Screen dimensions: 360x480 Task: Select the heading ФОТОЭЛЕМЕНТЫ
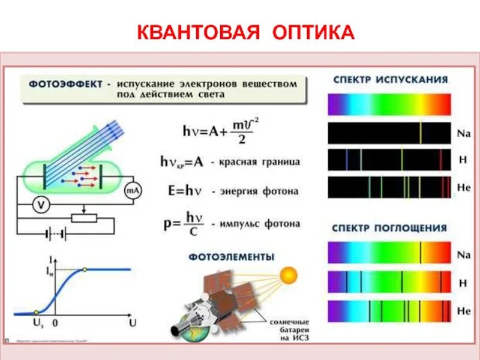pos(232,257)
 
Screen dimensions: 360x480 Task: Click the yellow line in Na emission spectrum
pos(421,133)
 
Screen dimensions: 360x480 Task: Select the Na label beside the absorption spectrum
pos(463,254)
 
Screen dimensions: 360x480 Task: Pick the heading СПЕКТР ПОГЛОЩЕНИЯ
pos(389,228)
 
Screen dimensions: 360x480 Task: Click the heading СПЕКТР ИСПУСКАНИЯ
pos(389,79)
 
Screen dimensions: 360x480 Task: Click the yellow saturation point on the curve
pos(85,269)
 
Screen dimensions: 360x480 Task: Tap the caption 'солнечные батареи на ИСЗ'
pos(289,328)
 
